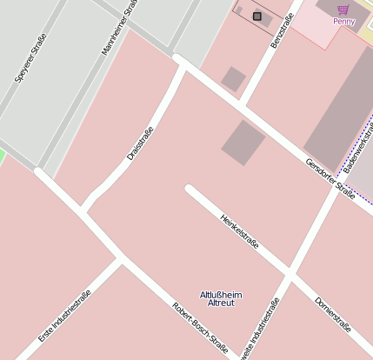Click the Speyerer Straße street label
click(x=30, y=57)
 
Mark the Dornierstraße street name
click(x=332, y=315)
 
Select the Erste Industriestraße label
click(x=65, y=310)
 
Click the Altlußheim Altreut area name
click(x=221, y=298)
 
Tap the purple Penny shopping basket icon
click(x=343, y=9)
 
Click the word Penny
click(x=343, y=21)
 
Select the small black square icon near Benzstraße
click(x=256, y=16)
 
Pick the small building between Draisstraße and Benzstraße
click(x=233, y=79)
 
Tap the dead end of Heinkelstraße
click(x=190, y=190)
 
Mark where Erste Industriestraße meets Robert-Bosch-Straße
click(x=121, y=259)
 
